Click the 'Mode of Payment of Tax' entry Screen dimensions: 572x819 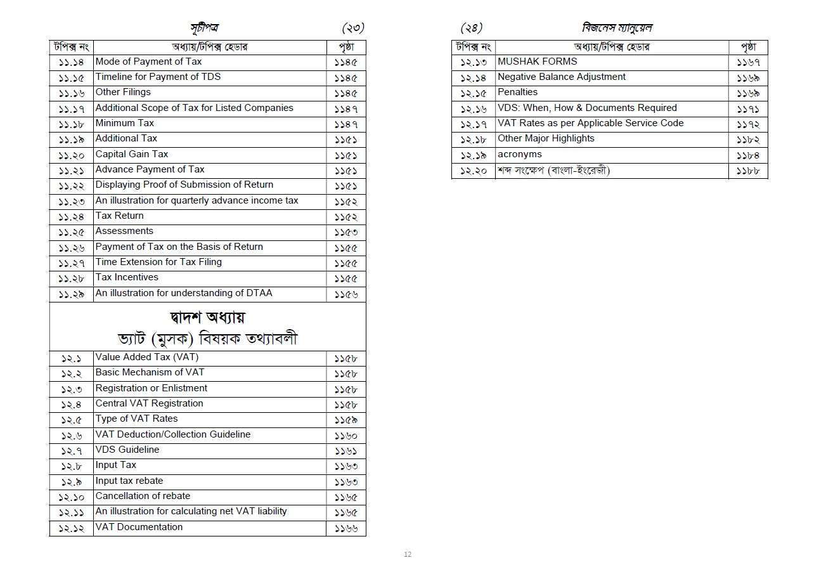pos(148,62)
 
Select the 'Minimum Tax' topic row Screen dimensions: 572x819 pos(125,123)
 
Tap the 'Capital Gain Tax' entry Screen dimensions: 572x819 pos(132,154)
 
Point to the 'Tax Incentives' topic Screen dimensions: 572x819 pos(127,277)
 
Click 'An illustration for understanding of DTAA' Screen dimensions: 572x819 pos(184,293)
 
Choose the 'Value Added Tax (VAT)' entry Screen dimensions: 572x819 pos(147,357)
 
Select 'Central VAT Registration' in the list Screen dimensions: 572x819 pos(150,403)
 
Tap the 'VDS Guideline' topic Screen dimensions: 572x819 pos(127,450)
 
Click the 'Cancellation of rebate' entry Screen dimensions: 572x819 pos(143,496)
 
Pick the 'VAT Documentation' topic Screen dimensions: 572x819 pos(139,527)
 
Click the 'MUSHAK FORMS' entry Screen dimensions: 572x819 pos(538,62)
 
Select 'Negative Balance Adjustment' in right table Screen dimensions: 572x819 pos(562,77)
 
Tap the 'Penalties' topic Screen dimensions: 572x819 pos(518,92)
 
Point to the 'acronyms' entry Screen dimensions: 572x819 pos(520,154)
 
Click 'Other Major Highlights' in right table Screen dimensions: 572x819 pos(546,138)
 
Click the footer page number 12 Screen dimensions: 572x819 pos(408,555)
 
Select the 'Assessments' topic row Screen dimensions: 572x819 pos(124,231)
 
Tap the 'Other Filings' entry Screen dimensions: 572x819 pos(123,92)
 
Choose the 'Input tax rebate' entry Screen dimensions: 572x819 pos(129,481)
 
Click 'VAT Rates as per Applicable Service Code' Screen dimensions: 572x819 pos(591,123)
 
